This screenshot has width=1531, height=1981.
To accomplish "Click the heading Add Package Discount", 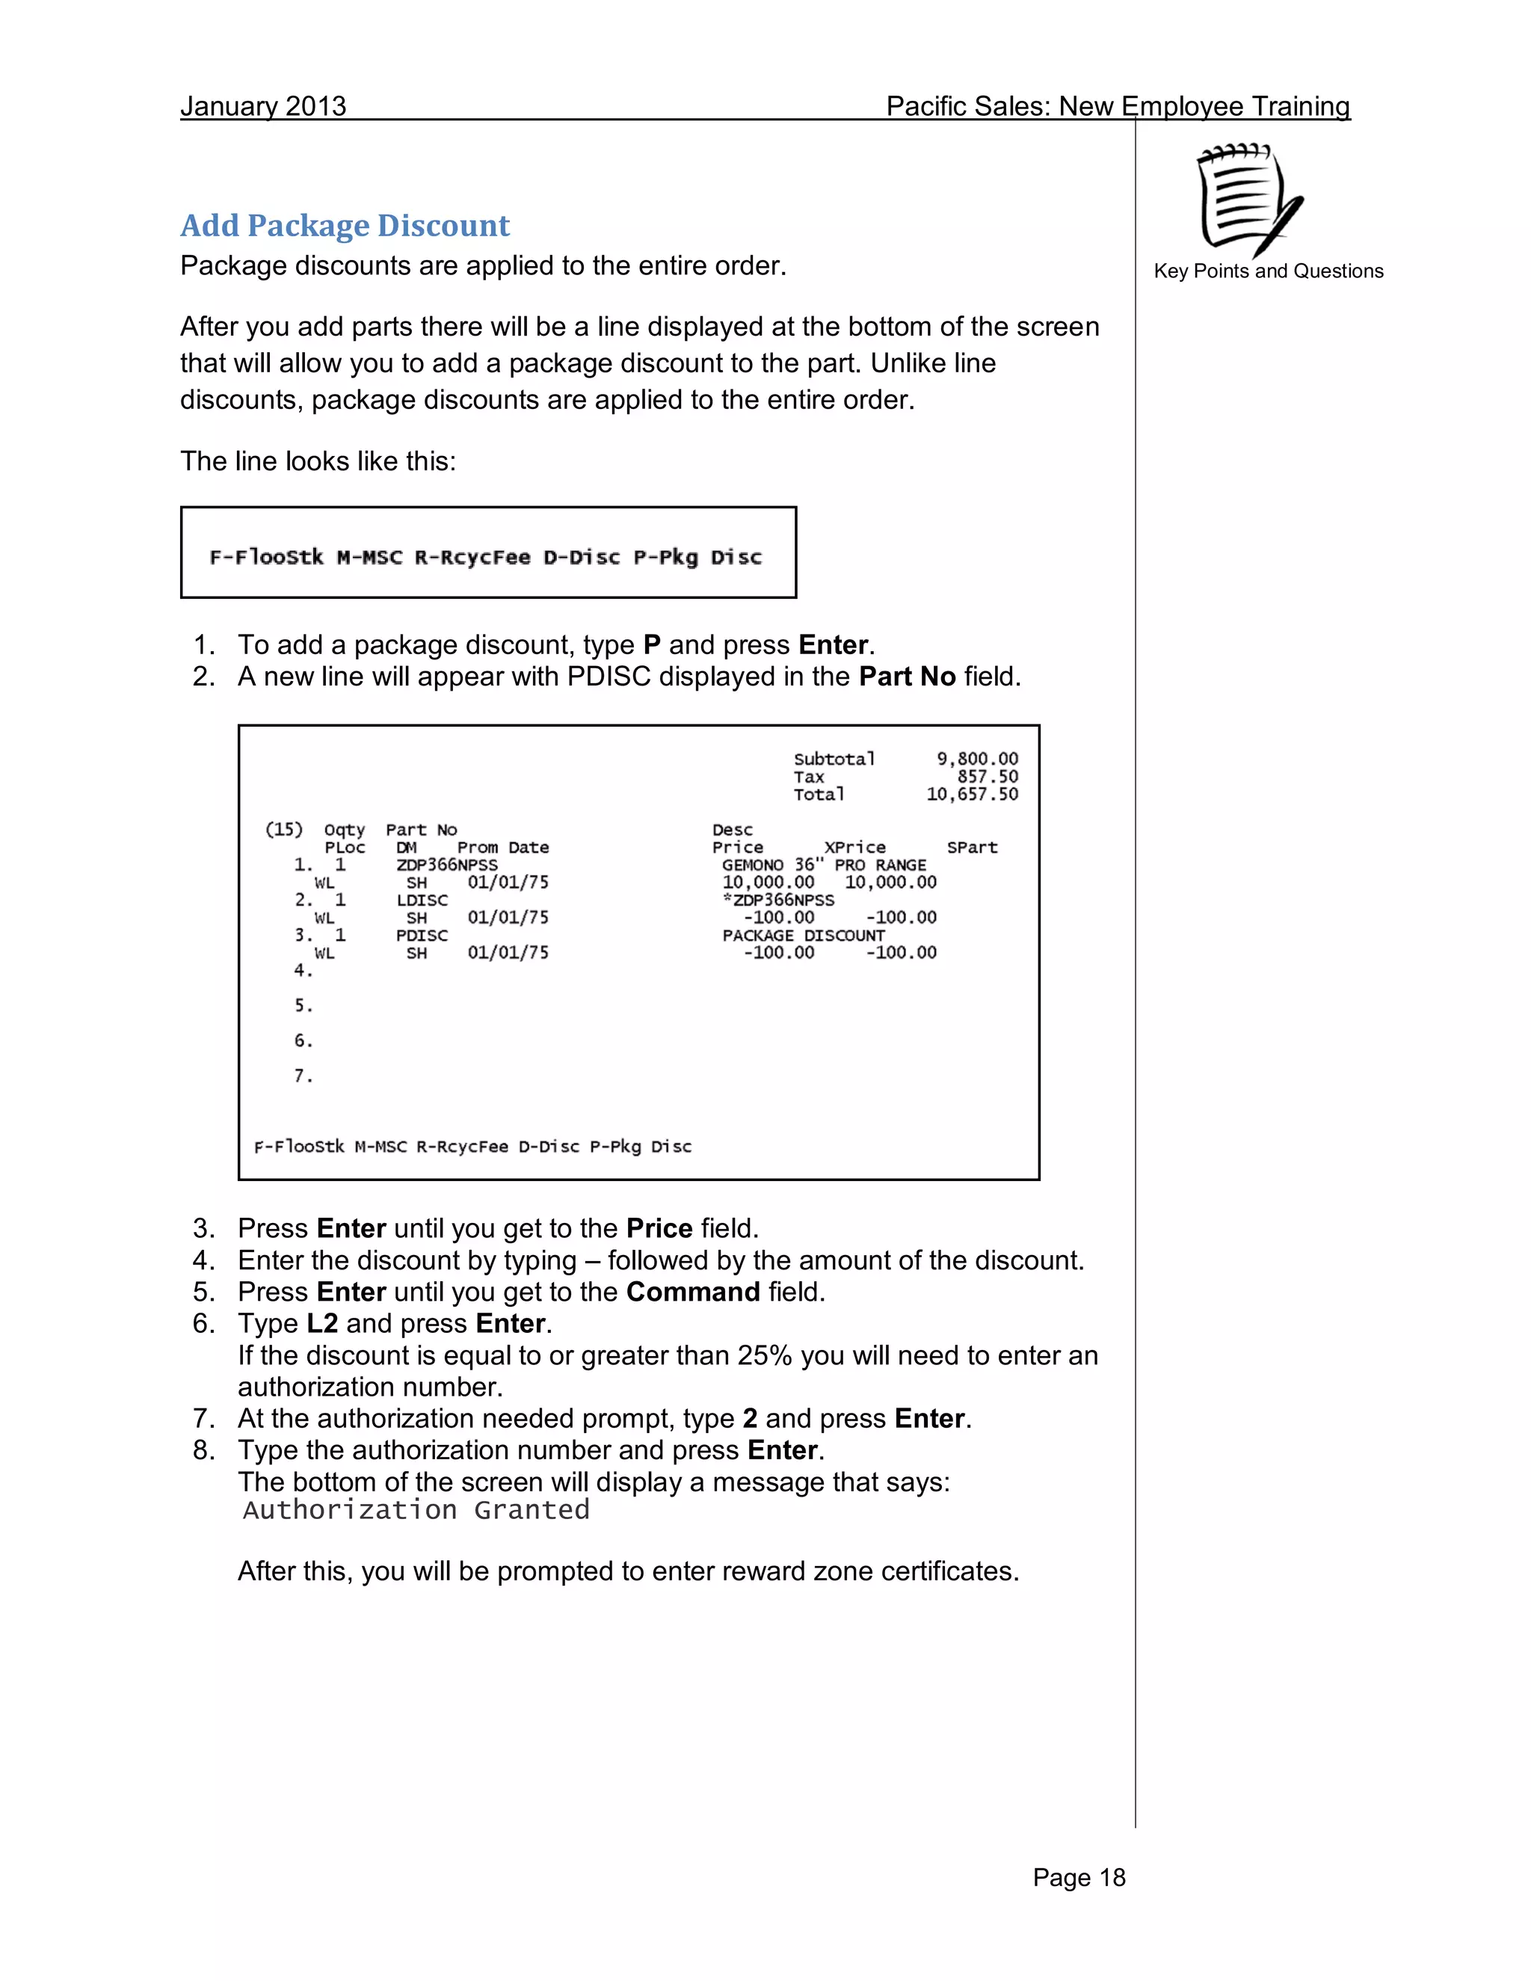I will coord(345,225).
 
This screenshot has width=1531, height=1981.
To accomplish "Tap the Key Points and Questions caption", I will coord(1268,271).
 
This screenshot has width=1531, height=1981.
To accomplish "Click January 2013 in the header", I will coord(263,106).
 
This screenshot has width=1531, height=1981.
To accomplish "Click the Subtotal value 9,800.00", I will coord(977,758).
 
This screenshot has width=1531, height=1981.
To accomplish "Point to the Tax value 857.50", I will coord(987,777).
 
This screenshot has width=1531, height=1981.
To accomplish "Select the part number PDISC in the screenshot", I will coord(422,935).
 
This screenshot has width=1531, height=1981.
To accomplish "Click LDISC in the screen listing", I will coord(422,900).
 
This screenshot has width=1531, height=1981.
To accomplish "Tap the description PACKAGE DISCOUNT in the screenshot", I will coord(803,935).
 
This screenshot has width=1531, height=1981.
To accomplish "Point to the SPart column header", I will coord(971,847).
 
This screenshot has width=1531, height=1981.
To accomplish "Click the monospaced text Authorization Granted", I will coord(416,1509).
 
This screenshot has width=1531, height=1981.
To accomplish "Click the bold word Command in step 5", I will coord(693,1292).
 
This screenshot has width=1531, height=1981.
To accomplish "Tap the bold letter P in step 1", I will coord(651,645).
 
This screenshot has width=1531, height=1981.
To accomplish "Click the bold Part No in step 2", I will coord(907,677).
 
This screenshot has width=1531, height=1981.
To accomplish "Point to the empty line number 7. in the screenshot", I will coord(303,1076).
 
